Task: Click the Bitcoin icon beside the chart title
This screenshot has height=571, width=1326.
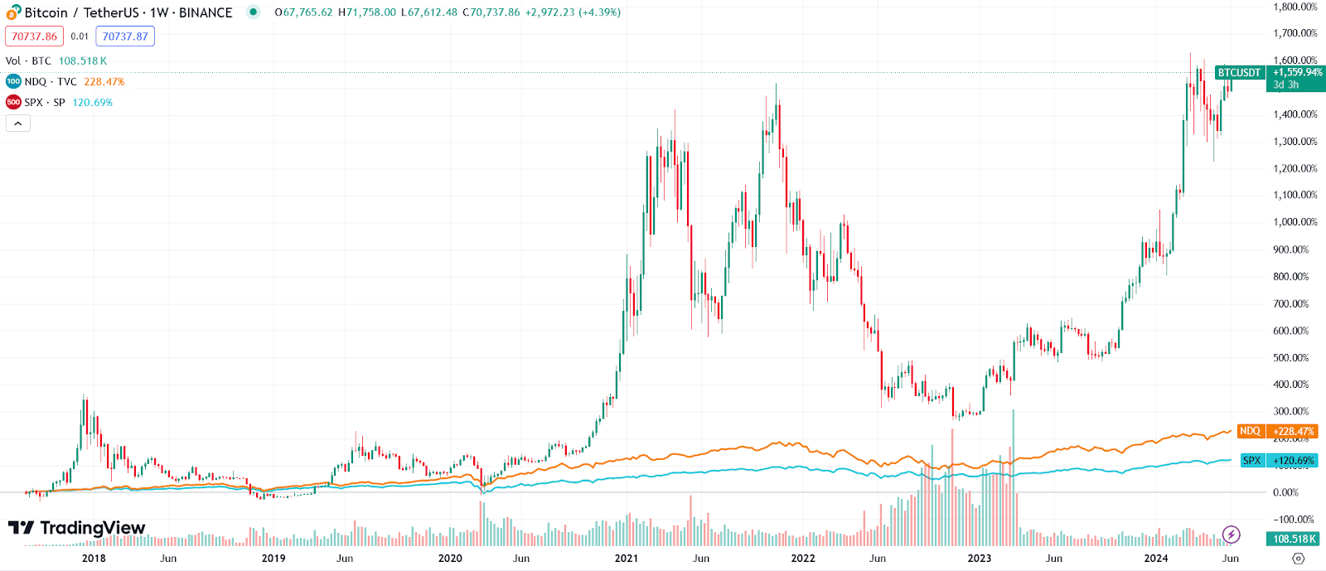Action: (x=13, y=12)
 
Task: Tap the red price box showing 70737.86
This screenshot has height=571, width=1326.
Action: (x=34, y=36)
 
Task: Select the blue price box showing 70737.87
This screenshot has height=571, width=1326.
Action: (x=125, y=36)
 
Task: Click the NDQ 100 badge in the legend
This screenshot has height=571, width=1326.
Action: (x=13, y=81)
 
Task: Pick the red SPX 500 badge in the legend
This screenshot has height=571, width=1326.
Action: (x=13, y=102)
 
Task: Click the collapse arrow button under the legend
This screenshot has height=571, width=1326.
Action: (x=18, y=123)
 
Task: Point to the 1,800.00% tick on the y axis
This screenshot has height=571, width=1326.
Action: (x=1295, y=7)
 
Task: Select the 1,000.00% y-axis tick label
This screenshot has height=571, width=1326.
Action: (x=1295, y=222)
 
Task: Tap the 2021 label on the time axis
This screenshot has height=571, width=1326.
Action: (x=627, y=559)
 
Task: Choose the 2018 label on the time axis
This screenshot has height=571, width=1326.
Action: (x=94, y=559)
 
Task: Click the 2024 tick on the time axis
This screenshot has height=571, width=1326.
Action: (x=1156, y=559)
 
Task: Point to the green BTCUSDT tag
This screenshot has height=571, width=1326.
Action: (x=1239, y=73)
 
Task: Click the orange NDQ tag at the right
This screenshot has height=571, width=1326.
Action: (x=1250, y=431)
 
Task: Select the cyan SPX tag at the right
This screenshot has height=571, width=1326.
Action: (x=1251, y=461)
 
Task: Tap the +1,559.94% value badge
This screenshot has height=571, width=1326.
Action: (x=1297, y=73)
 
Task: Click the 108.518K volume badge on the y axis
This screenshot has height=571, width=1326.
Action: (x=1295, y=540)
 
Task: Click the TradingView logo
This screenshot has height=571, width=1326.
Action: (x=76, y=528)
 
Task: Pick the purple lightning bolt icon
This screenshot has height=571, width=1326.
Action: (x=1232, y=535)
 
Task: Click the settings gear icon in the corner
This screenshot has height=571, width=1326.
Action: (x=1299, y=559)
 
